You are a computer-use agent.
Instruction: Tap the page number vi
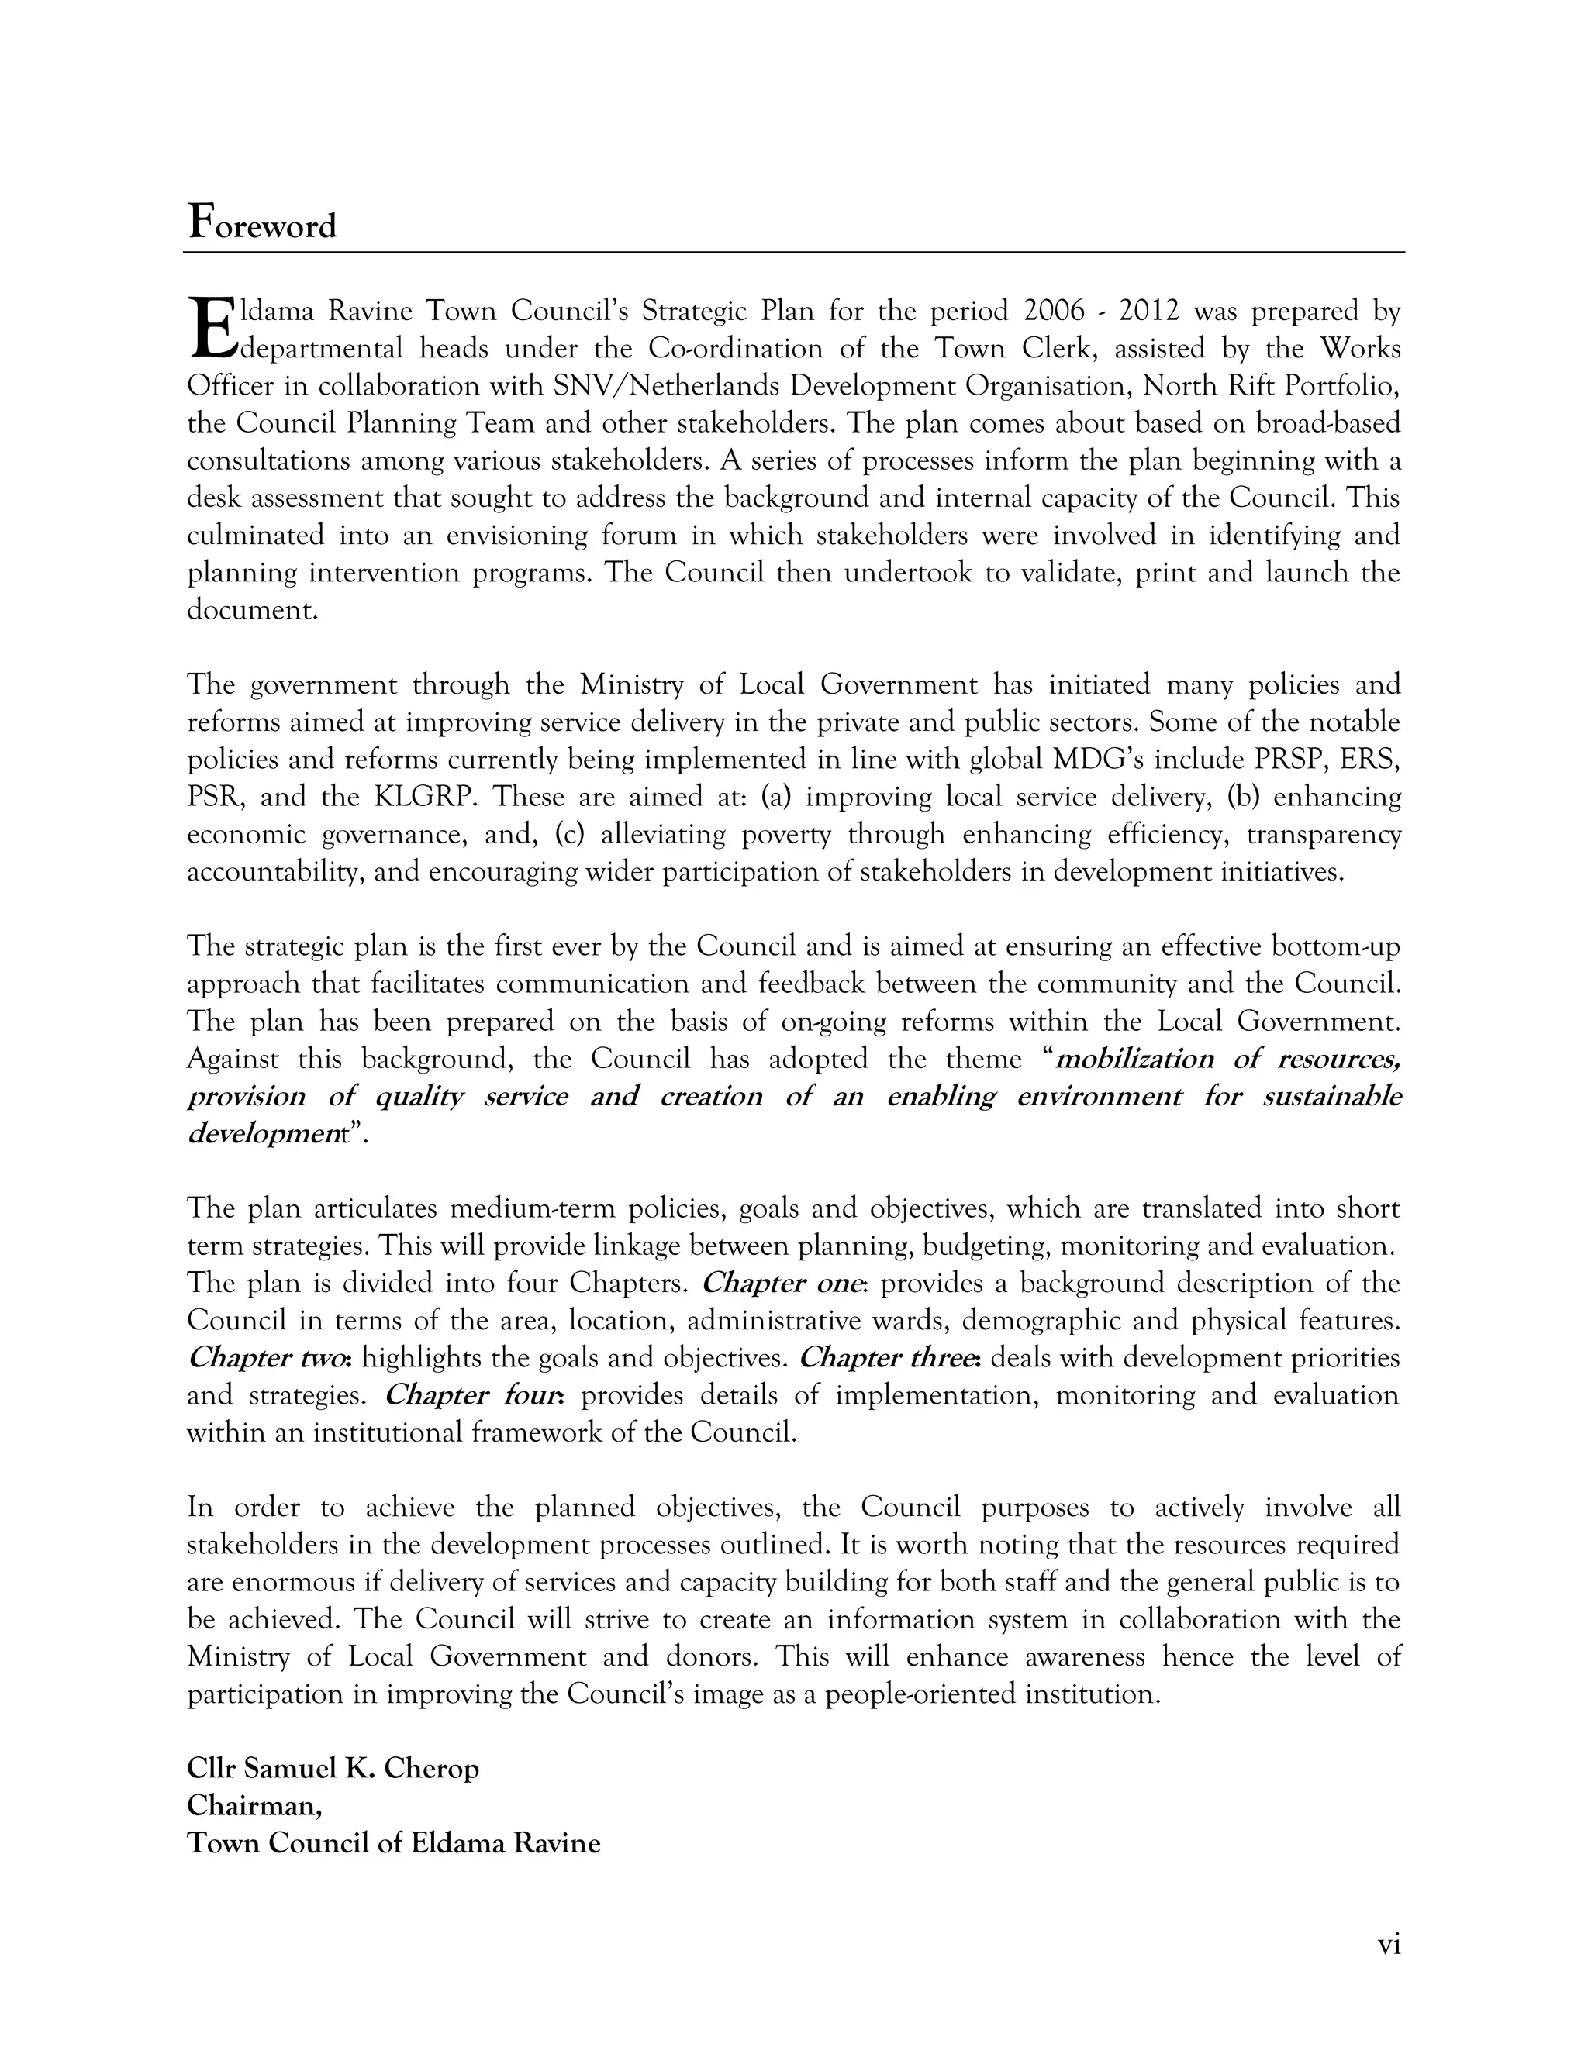(1389, 1944)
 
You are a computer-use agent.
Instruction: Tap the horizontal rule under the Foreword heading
(793, 252)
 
